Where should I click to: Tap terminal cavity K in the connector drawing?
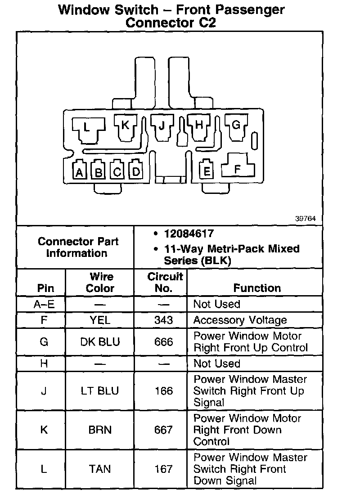tap(125, 126)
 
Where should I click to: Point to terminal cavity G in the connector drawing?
tap(236, 125)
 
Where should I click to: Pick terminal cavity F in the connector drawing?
tap(238, 169)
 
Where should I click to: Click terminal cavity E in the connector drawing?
tap(207, 171)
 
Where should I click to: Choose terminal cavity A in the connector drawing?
tap(80, 171)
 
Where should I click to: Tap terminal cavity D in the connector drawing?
tap(136, 171)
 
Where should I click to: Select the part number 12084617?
tap(189, 234)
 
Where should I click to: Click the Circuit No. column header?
tap(165, 282)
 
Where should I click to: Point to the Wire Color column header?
tap(100, 282)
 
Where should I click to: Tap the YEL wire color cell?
tap(100, 320)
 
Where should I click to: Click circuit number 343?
tap(163, 320)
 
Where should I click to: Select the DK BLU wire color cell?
tap(100, 342)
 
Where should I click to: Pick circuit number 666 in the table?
tap(163, 342)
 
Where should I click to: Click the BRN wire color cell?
tap(100, 430)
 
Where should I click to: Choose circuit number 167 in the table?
tap(163, 469)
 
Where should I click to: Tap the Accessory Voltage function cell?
tap(240, 320)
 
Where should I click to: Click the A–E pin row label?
tap(44, 304)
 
